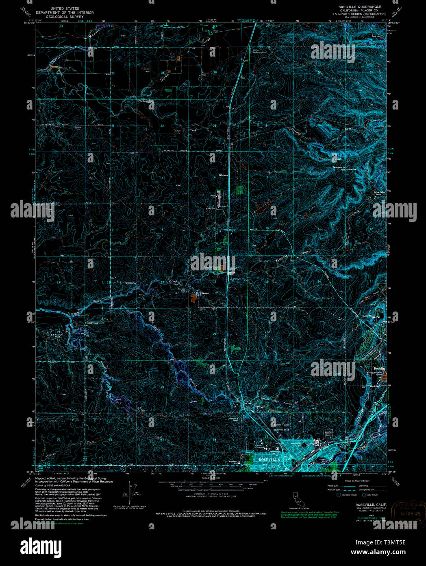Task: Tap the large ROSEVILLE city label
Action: click(x=269, y=459)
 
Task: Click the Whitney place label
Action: click(x=223, y=176)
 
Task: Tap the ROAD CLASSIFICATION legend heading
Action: click(x=355, y=481)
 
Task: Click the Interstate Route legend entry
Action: click(x=348, y=495)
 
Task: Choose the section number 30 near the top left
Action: click(x=113, y=74)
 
